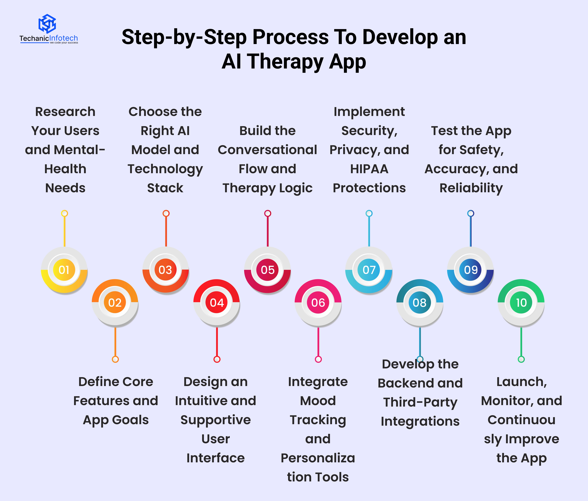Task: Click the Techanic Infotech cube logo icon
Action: point(47,23)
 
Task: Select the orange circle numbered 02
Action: point(115,302)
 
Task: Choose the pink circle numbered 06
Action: point(318,302)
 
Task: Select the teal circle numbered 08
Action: point(420,302)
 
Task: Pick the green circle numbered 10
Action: point(521,302)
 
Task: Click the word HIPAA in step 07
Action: point(369,169)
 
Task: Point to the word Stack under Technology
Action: point(165,188)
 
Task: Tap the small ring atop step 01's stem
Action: point(64,213)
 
